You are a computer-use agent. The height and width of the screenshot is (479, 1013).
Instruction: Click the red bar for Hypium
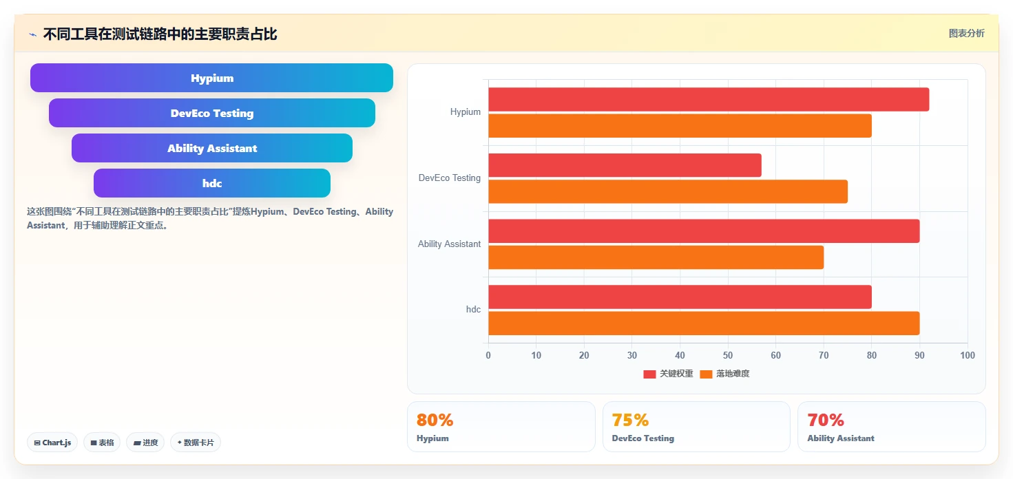tap(709, 99)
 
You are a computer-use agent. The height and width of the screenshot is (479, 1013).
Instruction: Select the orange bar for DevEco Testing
tap(668, 191)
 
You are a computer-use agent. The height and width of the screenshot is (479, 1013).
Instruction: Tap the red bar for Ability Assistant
tap(704, 231)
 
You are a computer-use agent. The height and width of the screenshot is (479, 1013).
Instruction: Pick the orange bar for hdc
tap(704, 323)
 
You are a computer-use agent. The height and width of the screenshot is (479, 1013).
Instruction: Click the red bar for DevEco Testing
tap(625, 165)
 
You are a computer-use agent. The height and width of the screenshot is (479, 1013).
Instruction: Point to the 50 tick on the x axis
tap(728, 355)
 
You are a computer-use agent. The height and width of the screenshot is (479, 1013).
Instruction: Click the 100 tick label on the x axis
tap(968, 355)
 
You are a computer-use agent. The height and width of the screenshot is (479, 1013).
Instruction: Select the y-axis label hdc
tap(473, 310)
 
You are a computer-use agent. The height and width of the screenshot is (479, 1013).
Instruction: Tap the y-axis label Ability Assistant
tap(449, 244)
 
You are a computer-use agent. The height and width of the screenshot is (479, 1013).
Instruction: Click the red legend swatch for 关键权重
tap(649, 374)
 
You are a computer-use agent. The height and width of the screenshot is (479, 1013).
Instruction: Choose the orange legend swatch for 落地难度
tap(706, 374)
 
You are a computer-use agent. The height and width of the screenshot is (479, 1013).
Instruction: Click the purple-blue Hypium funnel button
tap(211, 78)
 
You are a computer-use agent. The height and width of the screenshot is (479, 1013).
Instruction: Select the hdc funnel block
tap(212, 183)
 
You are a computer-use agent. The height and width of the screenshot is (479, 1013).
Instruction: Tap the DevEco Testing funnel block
tap(212, 113)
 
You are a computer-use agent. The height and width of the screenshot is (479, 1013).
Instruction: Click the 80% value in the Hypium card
tap(435, 420)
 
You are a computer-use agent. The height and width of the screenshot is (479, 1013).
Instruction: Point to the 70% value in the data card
tap(825, 420)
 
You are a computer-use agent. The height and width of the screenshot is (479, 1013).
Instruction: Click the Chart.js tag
tap(52, 443)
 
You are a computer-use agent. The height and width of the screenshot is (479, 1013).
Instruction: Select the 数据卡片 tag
tap(196, 443)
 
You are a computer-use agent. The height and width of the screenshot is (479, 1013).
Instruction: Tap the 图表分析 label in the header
tap(966, 34)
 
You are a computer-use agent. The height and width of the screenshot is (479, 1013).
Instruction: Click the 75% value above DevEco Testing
tap(630, 420)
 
